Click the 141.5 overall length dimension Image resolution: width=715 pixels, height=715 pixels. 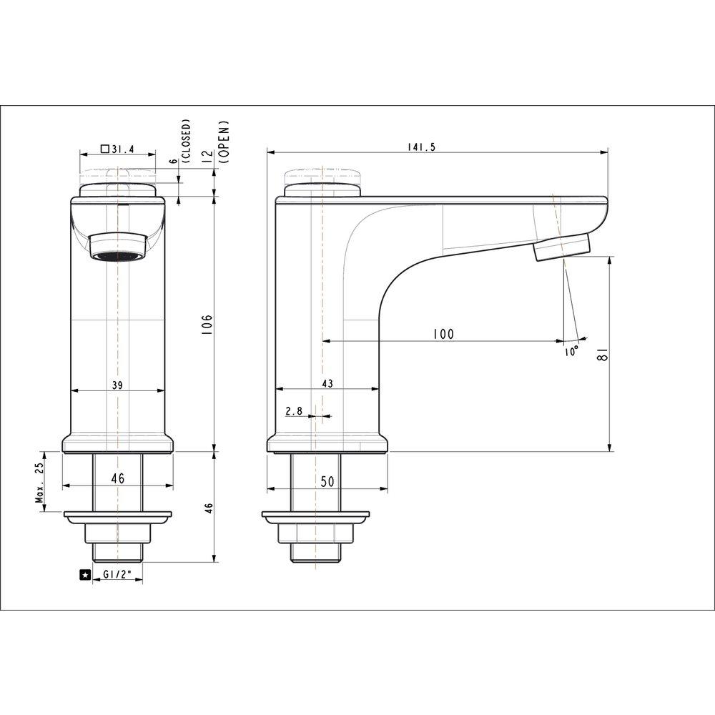pyautogui.click(x=421, y=147)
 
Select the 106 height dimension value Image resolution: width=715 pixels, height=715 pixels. pyautogui.click(x=207, y=325)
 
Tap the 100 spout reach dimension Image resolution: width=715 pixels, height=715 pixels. pyautogui.click(x=443, y=334)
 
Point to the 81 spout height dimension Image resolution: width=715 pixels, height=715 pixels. pyautogui.click(x=603, y=354)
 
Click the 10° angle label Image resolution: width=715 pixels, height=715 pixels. pyautogui.click(x=571, y=351)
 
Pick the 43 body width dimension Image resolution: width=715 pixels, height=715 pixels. pyautogui.click(x=327, y=383)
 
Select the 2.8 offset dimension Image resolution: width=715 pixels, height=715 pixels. pyautogui.click(x=294, y=411)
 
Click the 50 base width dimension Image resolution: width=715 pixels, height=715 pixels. pyautogui.click(x=327, y=481)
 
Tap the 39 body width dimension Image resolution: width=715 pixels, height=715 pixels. pyautogui.click(x=118, y=385)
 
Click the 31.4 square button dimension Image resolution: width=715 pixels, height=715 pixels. pyautogui.click(x=118, y=149)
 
